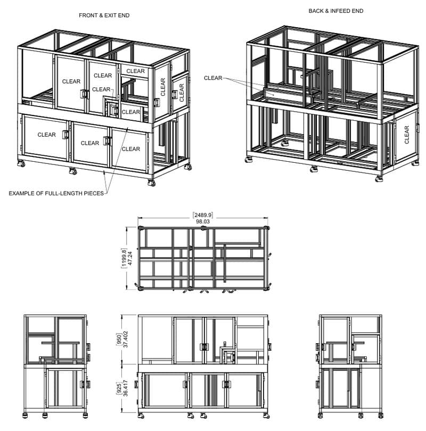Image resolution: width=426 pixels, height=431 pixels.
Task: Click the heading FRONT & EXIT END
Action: (104, 15)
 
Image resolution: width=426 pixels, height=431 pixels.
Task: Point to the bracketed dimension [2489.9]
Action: (202, 215)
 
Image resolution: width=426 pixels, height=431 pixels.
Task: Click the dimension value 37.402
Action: (125, 338)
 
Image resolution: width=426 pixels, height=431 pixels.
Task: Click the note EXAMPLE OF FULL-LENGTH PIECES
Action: (56, 193)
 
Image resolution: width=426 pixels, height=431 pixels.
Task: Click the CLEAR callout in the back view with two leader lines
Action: (212, 78)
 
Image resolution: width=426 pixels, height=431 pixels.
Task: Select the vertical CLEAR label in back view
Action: (407, 135)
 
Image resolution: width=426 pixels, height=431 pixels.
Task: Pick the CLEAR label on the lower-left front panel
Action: (46, 135)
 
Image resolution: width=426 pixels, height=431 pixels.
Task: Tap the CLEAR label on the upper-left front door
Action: (71, 81)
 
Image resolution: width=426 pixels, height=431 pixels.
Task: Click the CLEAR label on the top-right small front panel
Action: (135, 71)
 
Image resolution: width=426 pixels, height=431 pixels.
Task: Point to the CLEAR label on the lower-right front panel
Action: (130, 149)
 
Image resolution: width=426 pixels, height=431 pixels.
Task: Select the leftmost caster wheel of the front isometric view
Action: (23, 164)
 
